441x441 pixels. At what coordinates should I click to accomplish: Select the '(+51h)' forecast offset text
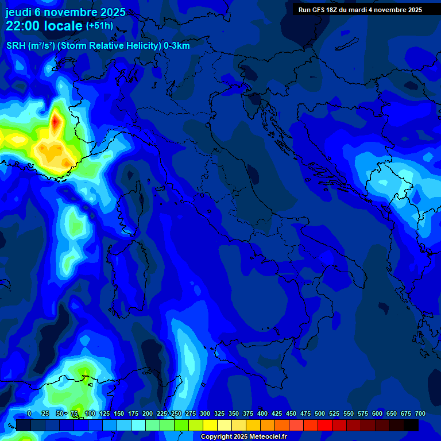pyautogui.click(x=99, y=25)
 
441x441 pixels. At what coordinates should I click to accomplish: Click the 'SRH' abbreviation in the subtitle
pyautogui.click(x=16, y=46)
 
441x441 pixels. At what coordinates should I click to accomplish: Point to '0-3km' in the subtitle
pyautogui.click(x=177, y=46)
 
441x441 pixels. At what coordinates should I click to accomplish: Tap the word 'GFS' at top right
pyautogui.click(x=318, y=9)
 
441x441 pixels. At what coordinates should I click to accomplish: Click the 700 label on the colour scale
pyautogui.click(x=420, y=413)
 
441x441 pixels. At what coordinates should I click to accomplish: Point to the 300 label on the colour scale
pyautogui.click(x=205, y=413)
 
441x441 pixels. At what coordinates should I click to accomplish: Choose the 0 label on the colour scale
pyautogui.click(x=29, y=413)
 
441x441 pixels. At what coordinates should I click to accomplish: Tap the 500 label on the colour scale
pyautogui.click(x=320, y=413)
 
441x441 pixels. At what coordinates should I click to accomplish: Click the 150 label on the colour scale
pyautogui.click(x=119, y=413)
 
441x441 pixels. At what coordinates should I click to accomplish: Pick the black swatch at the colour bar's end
pyautogui.click(x=411, y=425)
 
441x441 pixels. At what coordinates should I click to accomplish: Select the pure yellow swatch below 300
pyautogui.click(x=210, y=425)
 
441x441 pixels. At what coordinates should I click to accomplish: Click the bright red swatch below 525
pyautogui.click(x=325, y=425)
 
